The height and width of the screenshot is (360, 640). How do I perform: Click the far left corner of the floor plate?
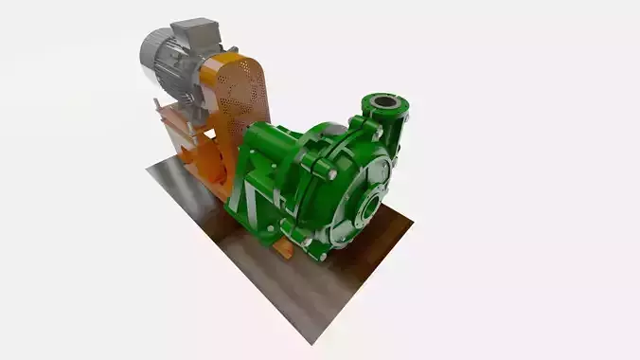point(149,171)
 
